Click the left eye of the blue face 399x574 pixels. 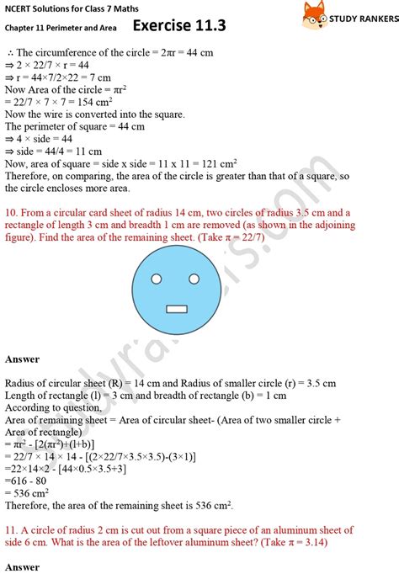click(158, 279)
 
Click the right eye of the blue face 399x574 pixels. click(193, 279)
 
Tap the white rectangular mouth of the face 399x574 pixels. click(176, 308)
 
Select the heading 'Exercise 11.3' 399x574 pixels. click(180, 26)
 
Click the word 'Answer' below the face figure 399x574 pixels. click(22, 359)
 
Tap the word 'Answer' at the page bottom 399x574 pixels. click(22, 567)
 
